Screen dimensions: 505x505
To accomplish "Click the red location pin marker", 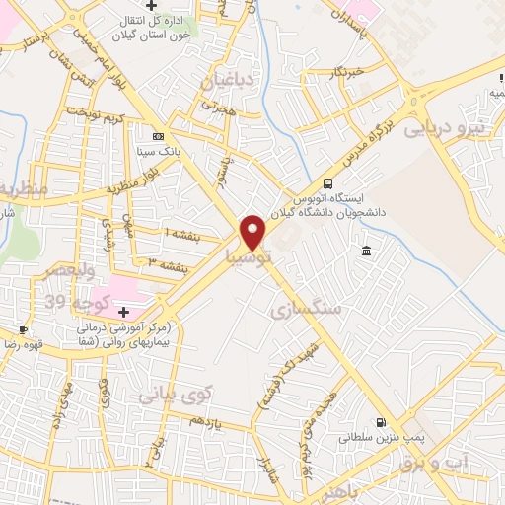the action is click(x=253, y=232).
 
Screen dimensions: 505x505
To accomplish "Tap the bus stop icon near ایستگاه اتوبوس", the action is click(x=327, y=182).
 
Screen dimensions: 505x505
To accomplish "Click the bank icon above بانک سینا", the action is click(x=158, y=136).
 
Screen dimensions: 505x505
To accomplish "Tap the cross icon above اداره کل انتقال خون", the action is click(x=150, y=9).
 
